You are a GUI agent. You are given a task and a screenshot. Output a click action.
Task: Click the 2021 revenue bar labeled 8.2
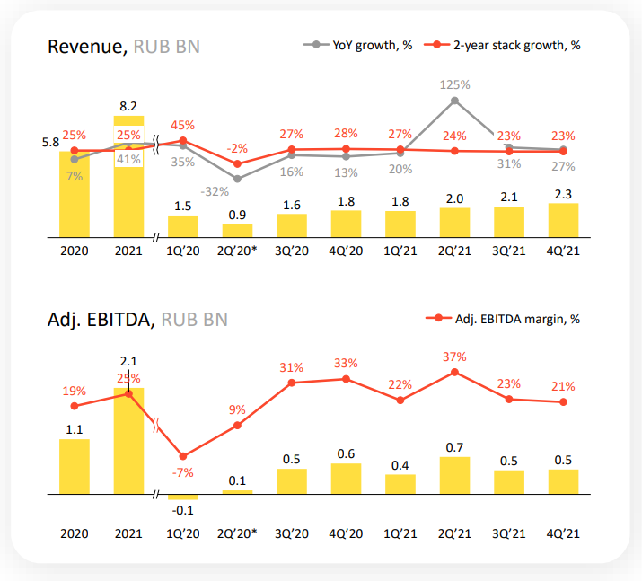(x=128, y=180)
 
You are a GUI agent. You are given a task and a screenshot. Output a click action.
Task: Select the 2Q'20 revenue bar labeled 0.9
(x=237, y=231)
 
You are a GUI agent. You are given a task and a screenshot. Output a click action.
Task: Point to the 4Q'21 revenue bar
(x=563, y=220)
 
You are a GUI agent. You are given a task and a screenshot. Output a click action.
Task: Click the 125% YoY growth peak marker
(x=455, y=101)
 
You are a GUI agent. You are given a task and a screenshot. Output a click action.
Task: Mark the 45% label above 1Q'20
(x=183, y=125)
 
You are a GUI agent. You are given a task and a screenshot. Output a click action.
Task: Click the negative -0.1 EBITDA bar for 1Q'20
(x=183, y=497)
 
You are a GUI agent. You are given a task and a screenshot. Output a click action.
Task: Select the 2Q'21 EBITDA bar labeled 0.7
(x=455, y=475)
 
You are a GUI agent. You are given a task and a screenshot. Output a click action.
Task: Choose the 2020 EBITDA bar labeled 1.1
(x=75, y=466)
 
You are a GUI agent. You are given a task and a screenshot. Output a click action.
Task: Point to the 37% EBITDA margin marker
(x=455, y=372)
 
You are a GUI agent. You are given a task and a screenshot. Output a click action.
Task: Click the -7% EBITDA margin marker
(x=183, y=456)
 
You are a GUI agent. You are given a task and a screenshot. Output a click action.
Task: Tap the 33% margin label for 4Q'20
(x=347, y=363)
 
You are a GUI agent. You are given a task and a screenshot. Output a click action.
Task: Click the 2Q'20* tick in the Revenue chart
(x=237, y=252)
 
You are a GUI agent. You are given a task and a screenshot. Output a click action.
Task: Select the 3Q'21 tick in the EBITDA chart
(x=509, y=533)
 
